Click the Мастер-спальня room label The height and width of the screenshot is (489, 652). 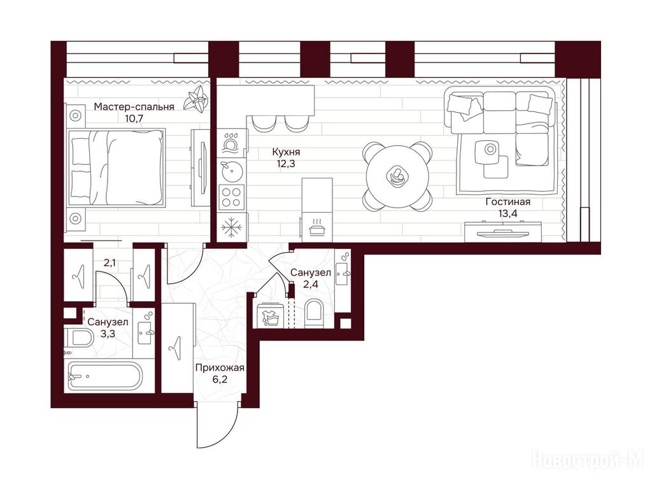134,107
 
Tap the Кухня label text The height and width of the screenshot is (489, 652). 286,152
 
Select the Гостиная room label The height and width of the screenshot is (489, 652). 507,202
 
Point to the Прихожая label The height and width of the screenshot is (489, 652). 220,368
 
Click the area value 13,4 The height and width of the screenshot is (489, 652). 507,214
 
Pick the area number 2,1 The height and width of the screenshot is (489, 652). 110,263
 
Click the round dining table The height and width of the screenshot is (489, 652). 397,176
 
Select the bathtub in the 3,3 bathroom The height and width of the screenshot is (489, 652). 105,376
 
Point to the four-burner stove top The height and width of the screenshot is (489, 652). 232,197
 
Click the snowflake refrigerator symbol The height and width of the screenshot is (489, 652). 232,227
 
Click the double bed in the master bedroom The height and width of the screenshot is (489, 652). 116,167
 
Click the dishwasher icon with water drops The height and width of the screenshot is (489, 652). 230,142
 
